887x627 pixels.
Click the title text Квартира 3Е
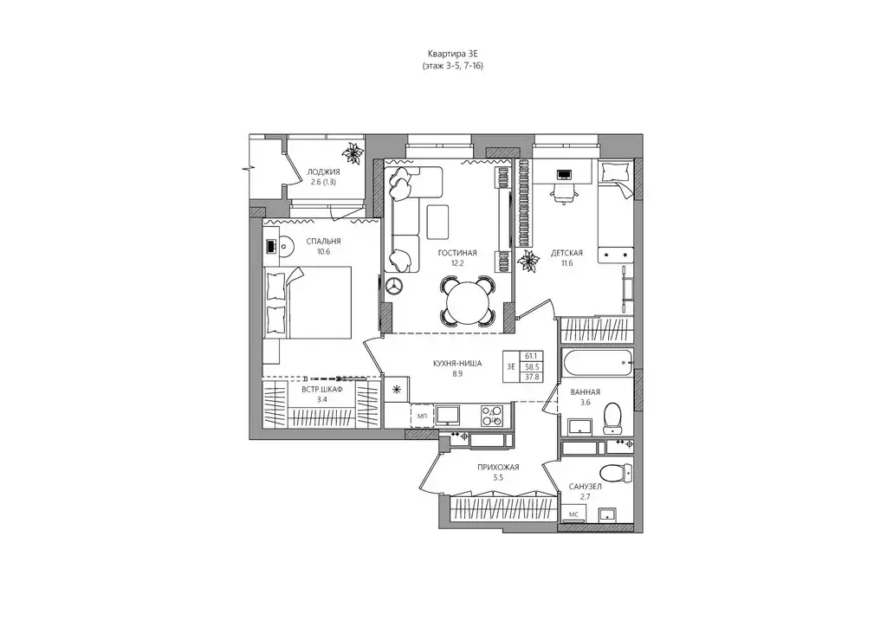tap(453, 54)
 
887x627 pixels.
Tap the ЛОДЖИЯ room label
tap(324, 171)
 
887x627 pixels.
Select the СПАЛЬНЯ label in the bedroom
tap(324, 242)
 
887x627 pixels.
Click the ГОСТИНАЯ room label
tap(457, 253)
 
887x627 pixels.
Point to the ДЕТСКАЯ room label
tap(567, 253)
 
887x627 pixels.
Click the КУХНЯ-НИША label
tap(457, 364)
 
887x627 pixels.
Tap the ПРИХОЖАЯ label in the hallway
tap(498, 467)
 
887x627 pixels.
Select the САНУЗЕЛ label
tap(586, 486)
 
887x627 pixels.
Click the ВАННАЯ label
tap(586, 391)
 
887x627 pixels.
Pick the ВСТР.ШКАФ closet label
tap(322, 389)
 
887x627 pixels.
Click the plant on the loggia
tap(354, 152)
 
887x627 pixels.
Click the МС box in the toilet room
tap(573, 514)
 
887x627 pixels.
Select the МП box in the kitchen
tap(422, 416)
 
